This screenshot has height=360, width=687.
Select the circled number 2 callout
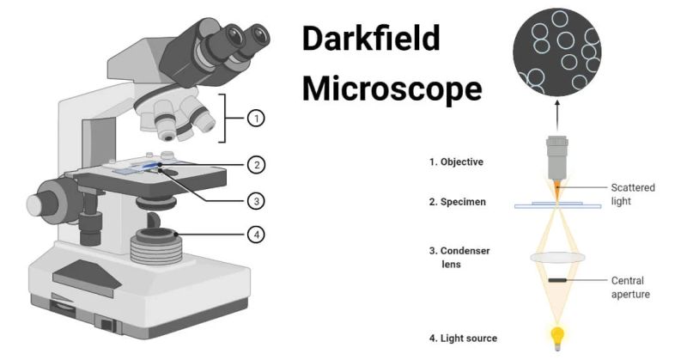(255, 164)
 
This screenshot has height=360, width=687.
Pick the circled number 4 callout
(255, 232)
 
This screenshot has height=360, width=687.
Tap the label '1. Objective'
(457, 161)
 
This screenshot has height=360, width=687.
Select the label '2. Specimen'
(456, 204)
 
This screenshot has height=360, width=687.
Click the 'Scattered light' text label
(632, 192)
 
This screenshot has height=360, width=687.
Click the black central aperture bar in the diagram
(556, 280)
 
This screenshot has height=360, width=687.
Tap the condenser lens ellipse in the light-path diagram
(556, 256)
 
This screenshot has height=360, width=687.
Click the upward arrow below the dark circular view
(556, 111)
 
